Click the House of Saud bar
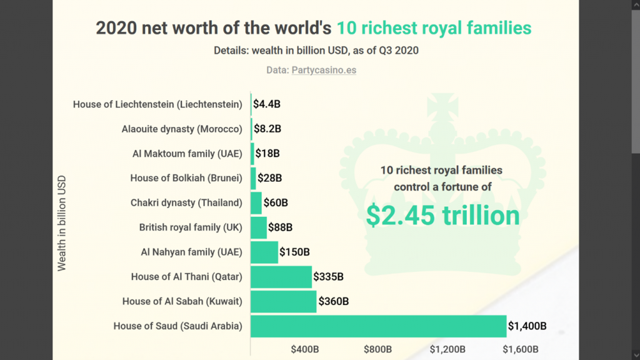click(378, 326)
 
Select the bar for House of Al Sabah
click(283, 301)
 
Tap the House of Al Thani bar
click(281, 277)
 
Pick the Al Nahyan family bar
click(264, 252)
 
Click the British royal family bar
click(258, 227)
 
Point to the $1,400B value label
click(527, 326)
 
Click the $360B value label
click(333, 301)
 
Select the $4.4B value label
click(267, 104)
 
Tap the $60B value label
click(276, 203)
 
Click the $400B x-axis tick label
click(305, 349)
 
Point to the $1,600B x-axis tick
click(520, 349)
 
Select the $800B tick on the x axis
click(377, 349)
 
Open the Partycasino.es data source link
click(324, 70)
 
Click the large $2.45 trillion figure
click(442, 215)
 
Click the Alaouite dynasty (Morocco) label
click(182, 129)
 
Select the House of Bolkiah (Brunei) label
click(186, 178)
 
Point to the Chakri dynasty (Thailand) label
click(186, 203)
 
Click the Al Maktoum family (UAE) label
click(187, 154)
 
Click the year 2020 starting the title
click(116, 28)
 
